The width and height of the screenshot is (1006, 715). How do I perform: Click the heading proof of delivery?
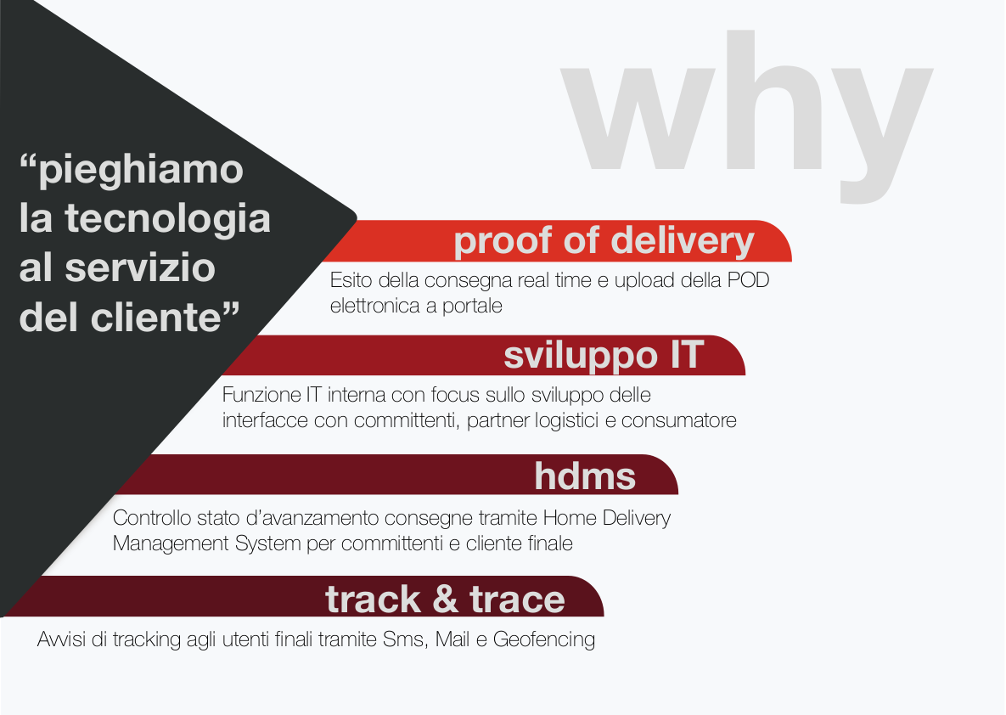tap(604, 241)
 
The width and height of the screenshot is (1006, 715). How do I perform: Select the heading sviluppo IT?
tap(604, 356)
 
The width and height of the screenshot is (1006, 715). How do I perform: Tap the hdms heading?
tap(585, 476)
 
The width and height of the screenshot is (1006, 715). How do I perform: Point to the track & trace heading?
tap(445, 599)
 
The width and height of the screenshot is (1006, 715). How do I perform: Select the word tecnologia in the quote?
tap(167, 218)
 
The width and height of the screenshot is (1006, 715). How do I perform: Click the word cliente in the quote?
tap(156, 317)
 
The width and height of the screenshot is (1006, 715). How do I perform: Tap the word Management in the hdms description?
tap(171, 544)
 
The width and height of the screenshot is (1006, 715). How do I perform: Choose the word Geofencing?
tap(544, 640)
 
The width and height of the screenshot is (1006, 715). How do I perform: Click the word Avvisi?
tap(62, 639)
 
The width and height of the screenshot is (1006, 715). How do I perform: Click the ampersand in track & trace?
tap(445, 599)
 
